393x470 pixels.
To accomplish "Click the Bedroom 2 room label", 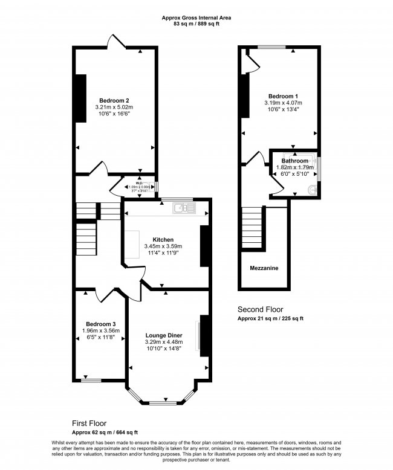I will coord(114,100).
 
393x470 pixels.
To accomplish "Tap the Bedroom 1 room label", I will coord(283,96).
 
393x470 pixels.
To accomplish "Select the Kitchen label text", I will coord(163,239).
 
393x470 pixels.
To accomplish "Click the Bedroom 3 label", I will coord(101,323).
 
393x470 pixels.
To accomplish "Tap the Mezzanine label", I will coord(264,268).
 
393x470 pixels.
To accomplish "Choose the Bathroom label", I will coord(294,161).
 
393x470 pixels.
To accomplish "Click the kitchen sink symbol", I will coord(181,208).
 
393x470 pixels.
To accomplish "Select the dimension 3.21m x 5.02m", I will coord(114,108).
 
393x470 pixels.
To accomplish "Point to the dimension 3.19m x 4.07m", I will coord(283,103).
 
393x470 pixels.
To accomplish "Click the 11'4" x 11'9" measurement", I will coord(163,253).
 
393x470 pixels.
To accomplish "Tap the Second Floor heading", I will coord(260,309).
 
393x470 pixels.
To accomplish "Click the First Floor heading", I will coord(89,423).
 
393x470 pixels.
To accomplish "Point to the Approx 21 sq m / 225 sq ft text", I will coord(270,318).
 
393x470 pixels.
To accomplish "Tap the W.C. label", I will coord(138,182).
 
